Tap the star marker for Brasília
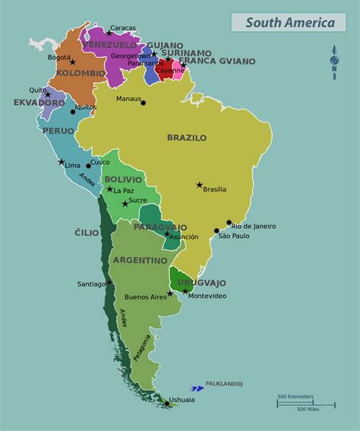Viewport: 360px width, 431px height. coord(200,185)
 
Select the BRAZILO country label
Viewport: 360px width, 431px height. coord(187,138)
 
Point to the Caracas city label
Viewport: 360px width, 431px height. coord(122,28)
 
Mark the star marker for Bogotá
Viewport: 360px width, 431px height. coord(73,62)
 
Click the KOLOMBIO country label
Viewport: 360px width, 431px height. coord(81,74)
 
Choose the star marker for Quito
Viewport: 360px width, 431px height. coord(48,95)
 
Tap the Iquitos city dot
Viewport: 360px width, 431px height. coord(73,112)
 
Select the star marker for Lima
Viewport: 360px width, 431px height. coord(62,161)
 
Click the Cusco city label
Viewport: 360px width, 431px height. coord(99,162)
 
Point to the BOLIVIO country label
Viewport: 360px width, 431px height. coord(124,179)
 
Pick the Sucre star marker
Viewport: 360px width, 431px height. coord(125,203)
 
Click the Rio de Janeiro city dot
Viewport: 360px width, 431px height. coord(229,223)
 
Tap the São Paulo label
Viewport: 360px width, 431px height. coord(233,236)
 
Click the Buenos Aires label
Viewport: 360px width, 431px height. coord(145,296)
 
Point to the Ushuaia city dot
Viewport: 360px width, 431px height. coord(166,404)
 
